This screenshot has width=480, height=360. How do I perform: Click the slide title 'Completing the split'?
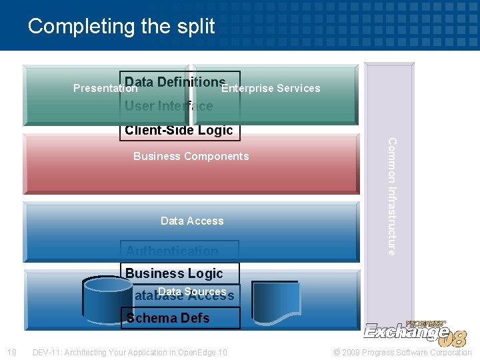point(121,27)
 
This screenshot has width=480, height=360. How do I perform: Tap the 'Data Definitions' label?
point(175,81)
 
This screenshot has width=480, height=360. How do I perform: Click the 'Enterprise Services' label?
point(271,88)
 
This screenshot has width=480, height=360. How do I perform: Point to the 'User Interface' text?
point(169,106)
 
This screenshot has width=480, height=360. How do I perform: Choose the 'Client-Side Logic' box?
point(179,131)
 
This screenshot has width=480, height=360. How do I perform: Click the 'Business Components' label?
point(191,156)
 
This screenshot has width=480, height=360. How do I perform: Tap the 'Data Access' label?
point(192,221)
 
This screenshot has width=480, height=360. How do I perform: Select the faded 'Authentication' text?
point(172,251)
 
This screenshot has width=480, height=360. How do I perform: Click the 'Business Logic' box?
point(175,273)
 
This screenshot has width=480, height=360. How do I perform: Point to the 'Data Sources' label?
point(192,291)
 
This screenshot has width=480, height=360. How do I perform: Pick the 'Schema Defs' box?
point(168,318)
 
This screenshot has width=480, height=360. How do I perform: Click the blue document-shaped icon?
point(275,304)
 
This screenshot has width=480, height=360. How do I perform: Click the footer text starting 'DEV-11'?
point(130,352)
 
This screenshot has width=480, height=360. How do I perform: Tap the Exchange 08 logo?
point(415,331)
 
